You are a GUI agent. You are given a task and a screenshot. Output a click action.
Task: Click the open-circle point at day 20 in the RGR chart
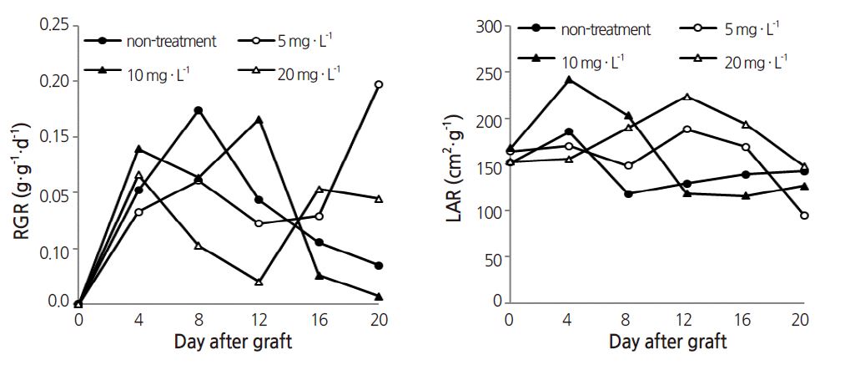(379, 84)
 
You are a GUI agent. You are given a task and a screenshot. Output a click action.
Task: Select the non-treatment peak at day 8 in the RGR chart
(199, 110)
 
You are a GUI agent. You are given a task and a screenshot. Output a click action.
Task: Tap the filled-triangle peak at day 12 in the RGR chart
(259, 120)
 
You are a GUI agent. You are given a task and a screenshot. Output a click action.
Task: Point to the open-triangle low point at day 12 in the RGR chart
(259, 282)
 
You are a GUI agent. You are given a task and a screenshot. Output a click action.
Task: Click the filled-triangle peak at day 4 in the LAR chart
(569, 80)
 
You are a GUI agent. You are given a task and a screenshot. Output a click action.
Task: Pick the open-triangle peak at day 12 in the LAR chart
(687, 97)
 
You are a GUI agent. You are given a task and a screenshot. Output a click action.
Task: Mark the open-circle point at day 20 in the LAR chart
(803, 215)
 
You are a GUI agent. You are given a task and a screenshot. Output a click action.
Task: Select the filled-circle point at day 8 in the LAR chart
(627, 193)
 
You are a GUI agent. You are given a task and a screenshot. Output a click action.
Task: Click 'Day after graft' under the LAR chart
(667, 342)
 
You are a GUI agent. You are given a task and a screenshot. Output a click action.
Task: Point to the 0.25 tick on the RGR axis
(54, 25)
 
